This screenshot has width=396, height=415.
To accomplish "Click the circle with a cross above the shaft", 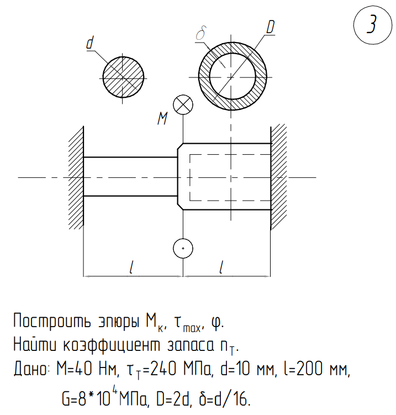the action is click(x=182, y=104).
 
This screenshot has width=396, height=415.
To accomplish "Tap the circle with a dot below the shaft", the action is click(x=182, y=249).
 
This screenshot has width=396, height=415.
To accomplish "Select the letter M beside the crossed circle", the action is click(x=162, y=118).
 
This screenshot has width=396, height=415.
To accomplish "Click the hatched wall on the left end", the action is click(x=76, y=177).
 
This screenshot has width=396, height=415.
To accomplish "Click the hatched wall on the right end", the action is click(x=278, y=177).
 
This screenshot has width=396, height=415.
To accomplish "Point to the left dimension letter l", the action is click(x=131, y=267).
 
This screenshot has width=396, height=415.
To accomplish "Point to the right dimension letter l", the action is click(x=221, y=267).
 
